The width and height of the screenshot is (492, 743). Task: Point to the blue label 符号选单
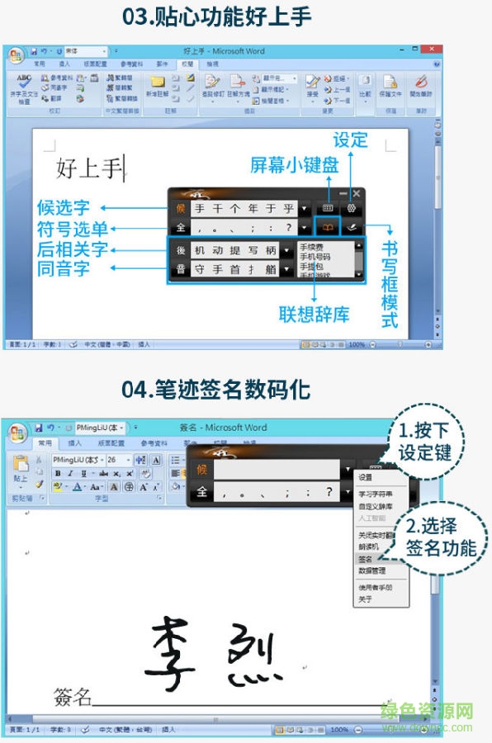coord(73,229)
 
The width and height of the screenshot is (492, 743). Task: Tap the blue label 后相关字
coord(73,249)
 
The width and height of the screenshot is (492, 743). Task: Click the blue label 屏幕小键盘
coord(294,165)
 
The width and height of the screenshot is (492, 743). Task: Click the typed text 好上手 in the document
coord(89,169)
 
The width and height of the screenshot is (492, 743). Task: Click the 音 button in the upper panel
coord(180,269)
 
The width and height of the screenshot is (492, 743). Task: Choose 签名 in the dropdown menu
coord(366,559)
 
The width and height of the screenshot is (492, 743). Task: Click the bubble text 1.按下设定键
coord(425,442)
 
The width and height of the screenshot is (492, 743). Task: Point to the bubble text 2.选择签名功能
coord(441,537)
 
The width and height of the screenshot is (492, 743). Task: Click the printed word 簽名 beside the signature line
coord(73,698)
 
